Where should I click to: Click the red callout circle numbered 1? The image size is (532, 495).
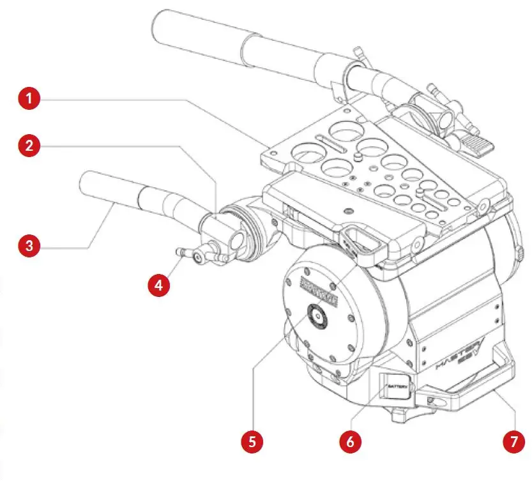click(x=29, y=100)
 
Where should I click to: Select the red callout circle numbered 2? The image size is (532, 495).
click(x=29, y=146)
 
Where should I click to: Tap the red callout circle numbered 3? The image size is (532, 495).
click(x=29, y=245)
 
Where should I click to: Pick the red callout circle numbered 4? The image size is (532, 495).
click(x=159, y=285)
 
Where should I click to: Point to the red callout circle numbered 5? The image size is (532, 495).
click(x=253, y=441)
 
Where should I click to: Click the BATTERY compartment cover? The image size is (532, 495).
click(x=396, y=388)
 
